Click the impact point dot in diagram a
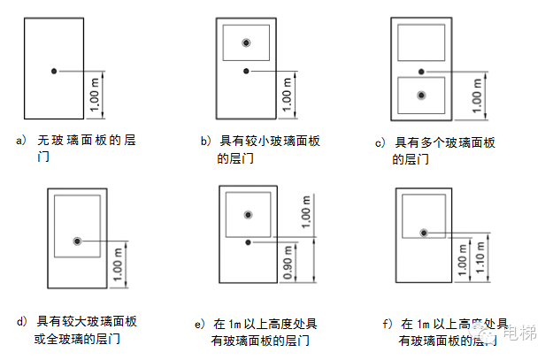(x=54, y=70)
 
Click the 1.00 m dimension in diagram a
(x=94, y=95)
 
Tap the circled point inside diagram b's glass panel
(x=246, y=42)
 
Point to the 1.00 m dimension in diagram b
(x=287, y=95)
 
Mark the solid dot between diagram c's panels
(x=421, y=71)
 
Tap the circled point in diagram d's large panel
(x=78, y=241)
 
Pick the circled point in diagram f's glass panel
(x=424, y=232)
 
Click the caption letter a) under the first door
(x=21, y=141)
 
